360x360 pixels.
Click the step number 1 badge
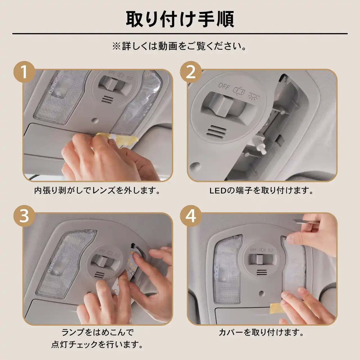(24, 72)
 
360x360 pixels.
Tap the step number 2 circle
(191, 72)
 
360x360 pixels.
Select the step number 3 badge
(24, 216)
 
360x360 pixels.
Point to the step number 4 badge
(191, 216)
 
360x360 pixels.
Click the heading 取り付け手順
(180, 19)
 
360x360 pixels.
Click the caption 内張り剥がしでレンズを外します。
(97, 191)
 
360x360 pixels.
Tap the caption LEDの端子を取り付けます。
(261, 191)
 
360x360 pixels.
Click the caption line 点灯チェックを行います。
(97, 344)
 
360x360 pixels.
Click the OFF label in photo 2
(224, 86)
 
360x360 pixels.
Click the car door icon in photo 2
(239, 91)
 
